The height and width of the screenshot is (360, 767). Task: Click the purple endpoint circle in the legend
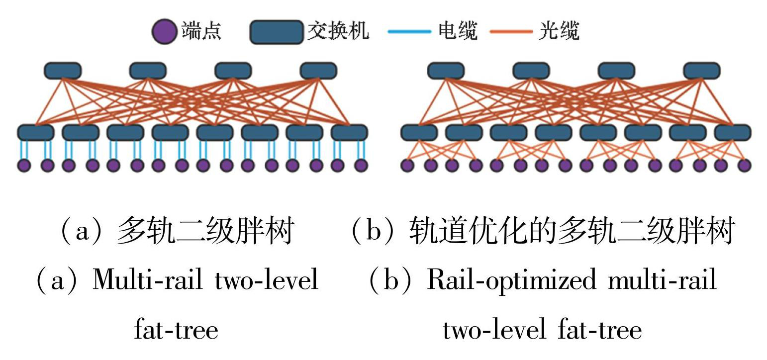[164, 32]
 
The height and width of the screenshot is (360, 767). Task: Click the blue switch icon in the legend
[277, 32]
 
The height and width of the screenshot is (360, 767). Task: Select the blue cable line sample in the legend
[409, 32]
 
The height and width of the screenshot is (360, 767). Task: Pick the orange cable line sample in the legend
[511, 32]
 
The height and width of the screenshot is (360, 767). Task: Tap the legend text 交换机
[338, 31]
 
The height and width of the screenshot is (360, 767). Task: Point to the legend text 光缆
[559, 31]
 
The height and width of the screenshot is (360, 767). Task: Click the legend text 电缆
[458, 31]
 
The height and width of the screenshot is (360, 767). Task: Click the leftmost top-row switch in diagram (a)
[63, 71]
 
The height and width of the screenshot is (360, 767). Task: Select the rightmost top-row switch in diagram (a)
[318, 71]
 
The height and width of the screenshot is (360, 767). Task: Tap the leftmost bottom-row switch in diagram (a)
[36, 133]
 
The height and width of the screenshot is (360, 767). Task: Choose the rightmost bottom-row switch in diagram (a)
[349, 133]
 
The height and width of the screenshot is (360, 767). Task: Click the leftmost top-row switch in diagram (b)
[446, 71]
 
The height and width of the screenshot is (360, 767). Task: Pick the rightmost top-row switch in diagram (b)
[702, 71]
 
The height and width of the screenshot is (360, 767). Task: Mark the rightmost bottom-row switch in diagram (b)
[733, 133]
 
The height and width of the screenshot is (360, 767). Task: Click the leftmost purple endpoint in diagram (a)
[24, 166]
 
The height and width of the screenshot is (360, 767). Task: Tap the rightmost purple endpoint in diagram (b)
[744, 166]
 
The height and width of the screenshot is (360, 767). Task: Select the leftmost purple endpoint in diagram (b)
[407, 166]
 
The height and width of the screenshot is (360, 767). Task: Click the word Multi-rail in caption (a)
[147, 280]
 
